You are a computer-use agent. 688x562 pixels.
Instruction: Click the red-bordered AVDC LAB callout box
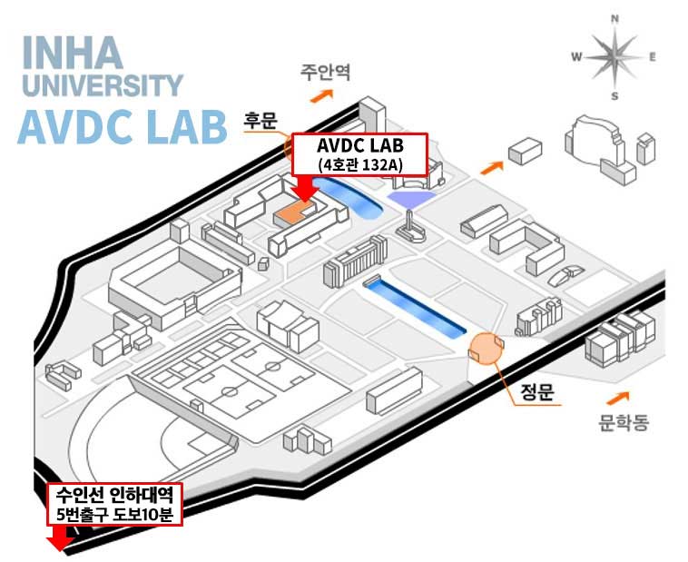[359, 153]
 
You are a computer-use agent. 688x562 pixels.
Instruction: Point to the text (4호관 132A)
[359, 164]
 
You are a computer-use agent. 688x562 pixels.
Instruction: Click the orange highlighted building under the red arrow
[295, 212]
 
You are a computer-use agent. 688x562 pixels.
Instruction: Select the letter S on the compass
[614, 95]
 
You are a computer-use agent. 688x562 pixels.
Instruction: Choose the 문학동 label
[624, 423]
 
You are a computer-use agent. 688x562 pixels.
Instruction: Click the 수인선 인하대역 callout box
[115, 505]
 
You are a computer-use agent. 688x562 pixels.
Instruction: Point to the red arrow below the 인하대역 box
[60, 538]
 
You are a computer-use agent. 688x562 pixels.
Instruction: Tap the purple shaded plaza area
[411, 199]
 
